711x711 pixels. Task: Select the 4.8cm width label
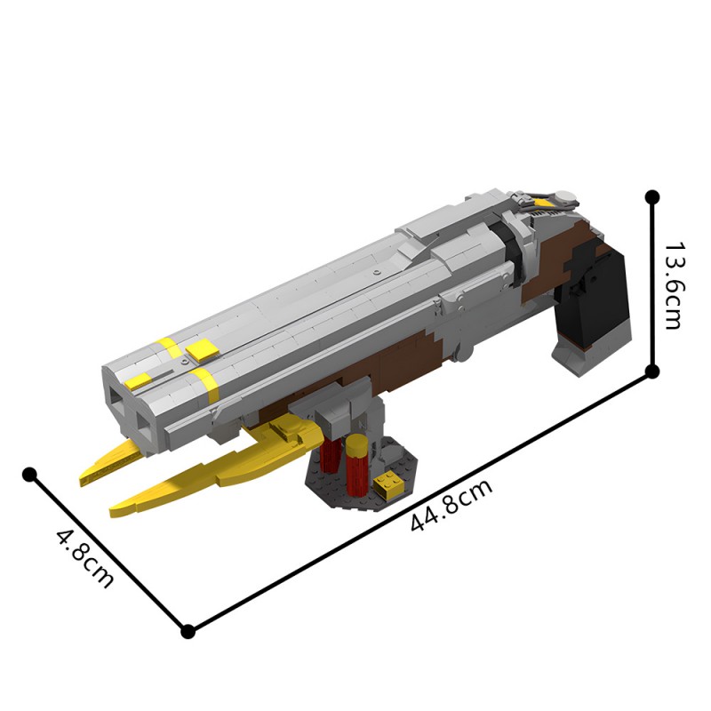(85, 557)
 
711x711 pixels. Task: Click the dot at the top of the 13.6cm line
(652, 196)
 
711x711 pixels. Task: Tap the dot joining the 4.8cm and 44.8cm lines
(188, 631)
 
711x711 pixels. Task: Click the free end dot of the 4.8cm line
(29, 474)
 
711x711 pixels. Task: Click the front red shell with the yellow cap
(357, 467)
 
